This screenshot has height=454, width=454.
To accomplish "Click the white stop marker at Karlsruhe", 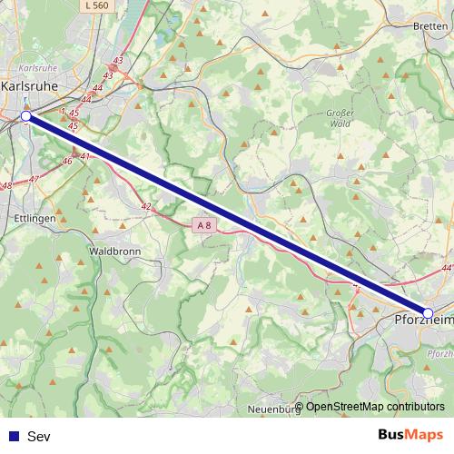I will click(x=26, y=116).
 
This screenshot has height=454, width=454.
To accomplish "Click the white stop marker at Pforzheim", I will click(x=429, y=313).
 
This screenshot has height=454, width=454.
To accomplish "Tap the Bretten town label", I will click(x=429, y=26).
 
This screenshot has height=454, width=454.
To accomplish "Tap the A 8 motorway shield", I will click(x=204, y=224).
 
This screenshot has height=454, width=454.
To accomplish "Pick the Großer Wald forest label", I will click(x=338, y=117).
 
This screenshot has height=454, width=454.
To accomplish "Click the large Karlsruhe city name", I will click(x=30, y=86).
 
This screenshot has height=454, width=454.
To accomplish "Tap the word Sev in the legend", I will click(x=39, y=437).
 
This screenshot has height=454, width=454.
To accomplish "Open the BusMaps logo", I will click(x=410, y=435).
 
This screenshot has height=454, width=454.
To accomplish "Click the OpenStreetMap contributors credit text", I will click(x=374, y=407).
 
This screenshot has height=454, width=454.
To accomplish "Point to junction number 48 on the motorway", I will click(x=6, y=186).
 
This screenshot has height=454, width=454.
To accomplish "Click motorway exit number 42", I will click(x=145, y=207).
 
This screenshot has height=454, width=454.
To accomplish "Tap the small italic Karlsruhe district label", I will click(x=37, y=68).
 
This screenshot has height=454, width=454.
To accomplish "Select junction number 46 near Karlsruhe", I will click(x=66, y=161).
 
